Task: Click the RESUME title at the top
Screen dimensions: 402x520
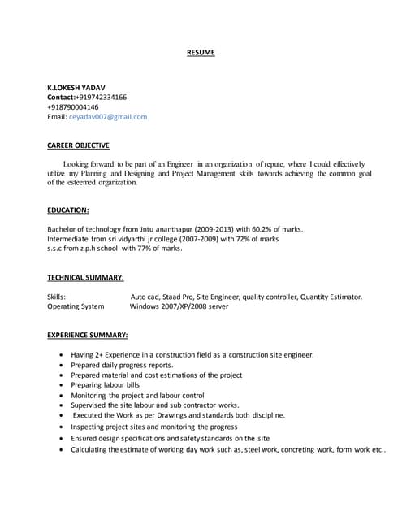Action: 201,53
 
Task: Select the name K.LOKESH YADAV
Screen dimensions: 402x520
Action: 76,87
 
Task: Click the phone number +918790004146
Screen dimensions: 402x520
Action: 73,106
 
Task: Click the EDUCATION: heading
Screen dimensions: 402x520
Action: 68,210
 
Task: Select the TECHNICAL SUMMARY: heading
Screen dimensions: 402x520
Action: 85,277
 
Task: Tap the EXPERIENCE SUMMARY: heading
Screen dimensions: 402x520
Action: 87,335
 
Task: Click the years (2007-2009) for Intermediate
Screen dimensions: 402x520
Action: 193,239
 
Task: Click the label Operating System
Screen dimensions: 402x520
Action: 76,306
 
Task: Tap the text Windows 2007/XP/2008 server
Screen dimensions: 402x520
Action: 179,306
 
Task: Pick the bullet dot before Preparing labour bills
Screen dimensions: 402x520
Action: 63,385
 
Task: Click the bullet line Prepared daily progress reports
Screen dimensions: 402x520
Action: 121,365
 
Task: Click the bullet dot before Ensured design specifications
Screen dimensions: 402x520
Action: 63,437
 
